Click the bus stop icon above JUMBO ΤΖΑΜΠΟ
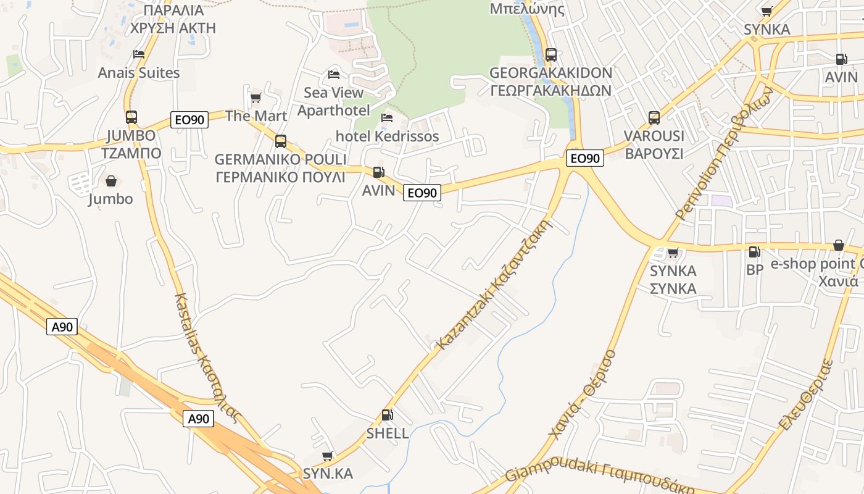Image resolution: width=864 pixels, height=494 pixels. (x=131, y=117)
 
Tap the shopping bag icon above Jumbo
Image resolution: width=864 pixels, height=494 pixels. (x=111, y=181)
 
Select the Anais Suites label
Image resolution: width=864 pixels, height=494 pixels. (x=139, y=73)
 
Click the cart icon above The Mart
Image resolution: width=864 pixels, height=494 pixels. (x=255, y=98)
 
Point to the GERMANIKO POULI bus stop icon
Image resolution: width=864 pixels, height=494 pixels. (x=281, y=141)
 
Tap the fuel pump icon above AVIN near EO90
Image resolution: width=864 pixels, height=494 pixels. (x=378, y=172)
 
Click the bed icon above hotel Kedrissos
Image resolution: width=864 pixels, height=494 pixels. (x=387, y=117)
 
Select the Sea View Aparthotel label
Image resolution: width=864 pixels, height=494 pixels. (x=334, y=101)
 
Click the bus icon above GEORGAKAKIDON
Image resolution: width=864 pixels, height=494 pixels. (x=551, y=54)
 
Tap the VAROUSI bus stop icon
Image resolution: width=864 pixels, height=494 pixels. (x=654, y=117)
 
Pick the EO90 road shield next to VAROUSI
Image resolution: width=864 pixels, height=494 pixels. (x=584, y=159)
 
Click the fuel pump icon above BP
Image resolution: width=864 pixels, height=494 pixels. (x=754, y=252)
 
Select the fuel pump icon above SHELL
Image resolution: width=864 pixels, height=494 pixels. (x=387, y=416)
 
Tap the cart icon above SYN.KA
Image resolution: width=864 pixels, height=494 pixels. (x=328, y=456)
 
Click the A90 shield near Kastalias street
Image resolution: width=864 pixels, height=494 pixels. (x=198, y=419)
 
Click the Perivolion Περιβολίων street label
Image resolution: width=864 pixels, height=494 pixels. (x=725, y=153)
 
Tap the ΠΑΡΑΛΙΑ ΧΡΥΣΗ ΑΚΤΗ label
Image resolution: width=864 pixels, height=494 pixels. (x=173, y=19)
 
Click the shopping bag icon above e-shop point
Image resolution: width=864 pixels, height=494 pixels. (x=839, y=246)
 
